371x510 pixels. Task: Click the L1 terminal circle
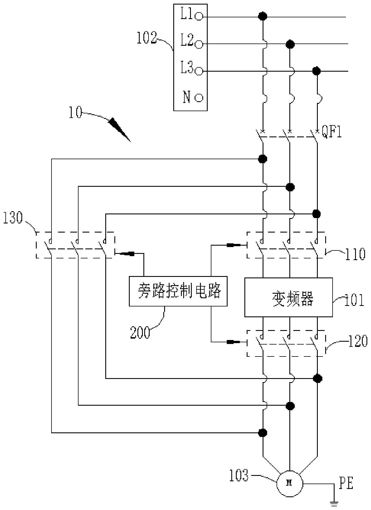199,17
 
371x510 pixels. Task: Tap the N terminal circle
199,98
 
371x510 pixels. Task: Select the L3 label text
187,68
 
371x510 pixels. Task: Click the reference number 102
147,38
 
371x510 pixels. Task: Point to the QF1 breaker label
332,132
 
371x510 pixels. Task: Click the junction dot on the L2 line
290,44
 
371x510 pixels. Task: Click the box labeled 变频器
288,297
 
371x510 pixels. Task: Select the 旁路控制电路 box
178,291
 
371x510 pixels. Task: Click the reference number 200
140,333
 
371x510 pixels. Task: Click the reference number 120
358,342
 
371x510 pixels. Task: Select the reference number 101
354,300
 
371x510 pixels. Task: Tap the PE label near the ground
346,483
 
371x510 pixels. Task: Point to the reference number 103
238,476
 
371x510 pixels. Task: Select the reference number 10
75,113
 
